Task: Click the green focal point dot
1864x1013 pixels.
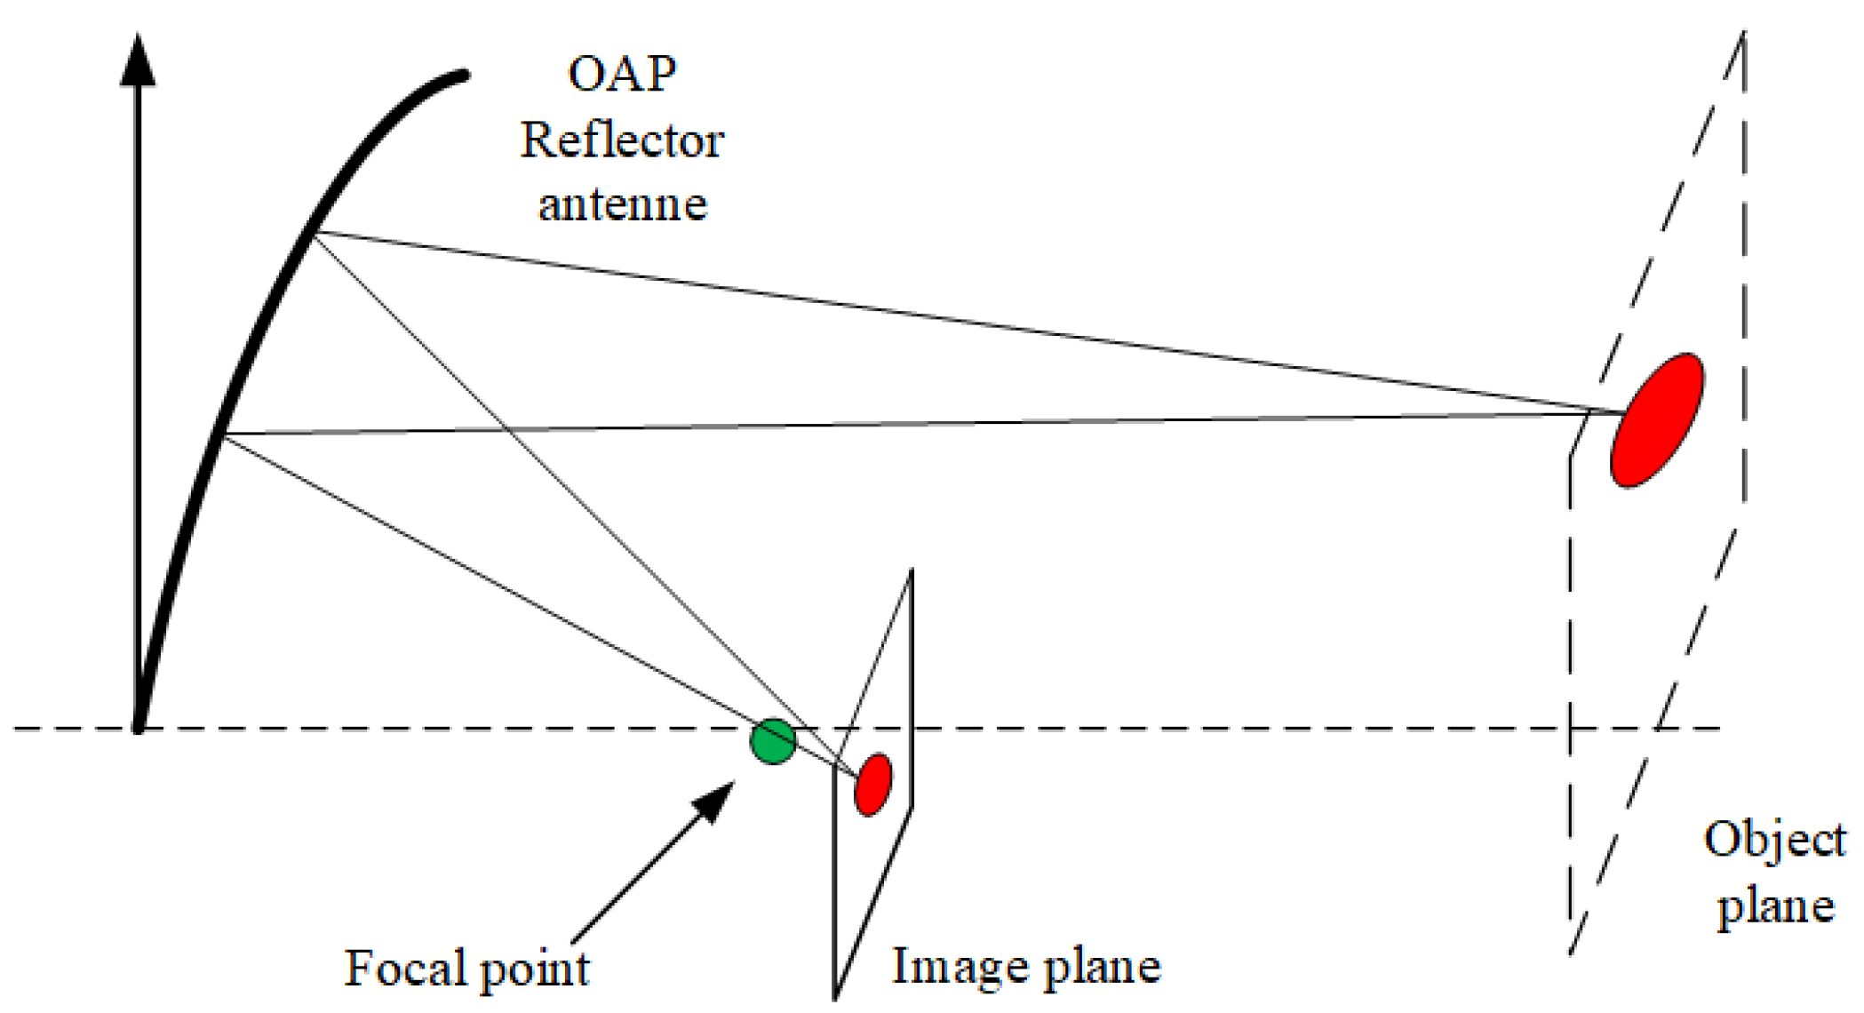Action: tap(772, 741)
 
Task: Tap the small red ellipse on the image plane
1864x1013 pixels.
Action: tap(872, 783)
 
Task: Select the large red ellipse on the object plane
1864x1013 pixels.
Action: tap(1657, 419)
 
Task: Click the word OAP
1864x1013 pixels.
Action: tap(622, 74)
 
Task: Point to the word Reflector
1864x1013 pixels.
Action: tap(622, 140)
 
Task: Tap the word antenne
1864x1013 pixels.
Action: tap(622, 204)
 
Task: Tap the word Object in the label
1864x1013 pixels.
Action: tap(1774, 840)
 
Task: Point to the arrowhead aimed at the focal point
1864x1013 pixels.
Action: tap(716, 800)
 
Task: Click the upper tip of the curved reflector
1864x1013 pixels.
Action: tap(463, 76)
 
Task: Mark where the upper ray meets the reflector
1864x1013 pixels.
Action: tap(313, 233)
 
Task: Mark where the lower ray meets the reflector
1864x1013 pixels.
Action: tap(224, 435)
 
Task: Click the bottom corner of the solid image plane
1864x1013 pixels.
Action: tap(835, 997)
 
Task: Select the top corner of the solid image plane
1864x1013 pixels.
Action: tap(911, 570)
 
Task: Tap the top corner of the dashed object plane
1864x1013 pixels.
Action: tap(1743, 34)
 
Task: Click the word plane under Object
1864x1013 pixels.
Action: tap(1774, 906)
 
